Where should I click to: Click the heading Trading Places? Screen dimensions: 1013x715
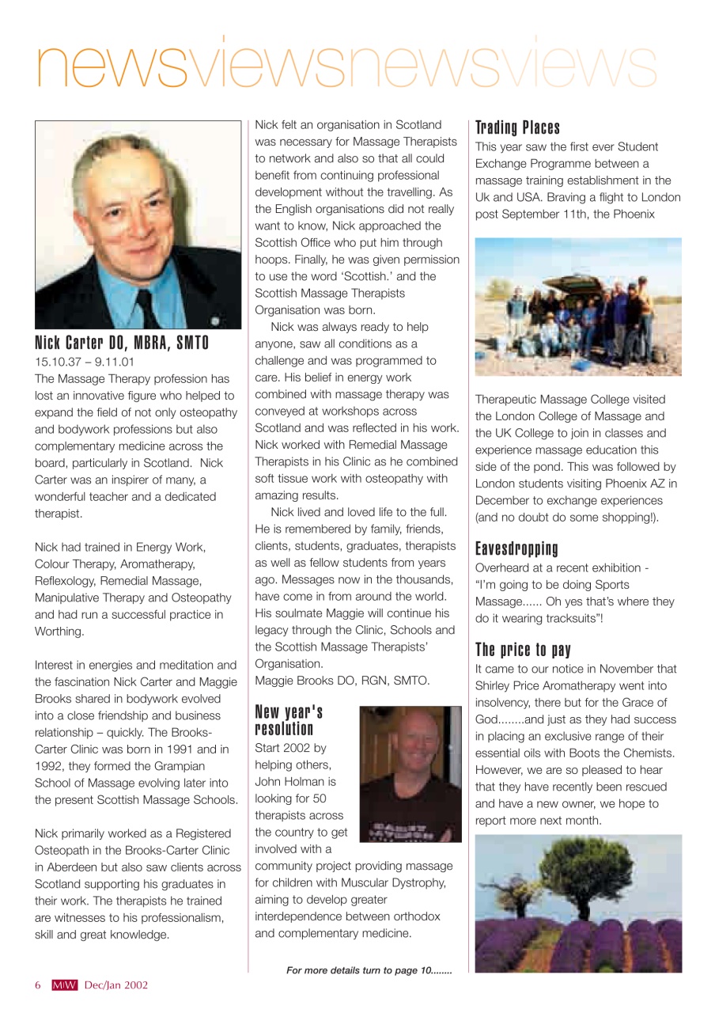[x=517, y=128]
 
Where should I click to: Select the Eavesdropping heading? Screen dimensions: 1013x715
[x=516, y=548]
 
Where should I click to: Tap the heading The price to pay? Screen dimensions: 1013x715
[x=522, y=651]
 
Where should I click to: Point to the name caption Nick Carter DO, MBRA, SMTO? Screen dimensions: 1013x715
[x=122, y=343]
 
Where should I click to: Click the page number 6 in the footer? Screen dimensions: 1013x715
[x=37, y=985]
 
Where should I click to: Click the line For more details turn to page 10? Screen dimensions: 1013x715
[x=369, y=970]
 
